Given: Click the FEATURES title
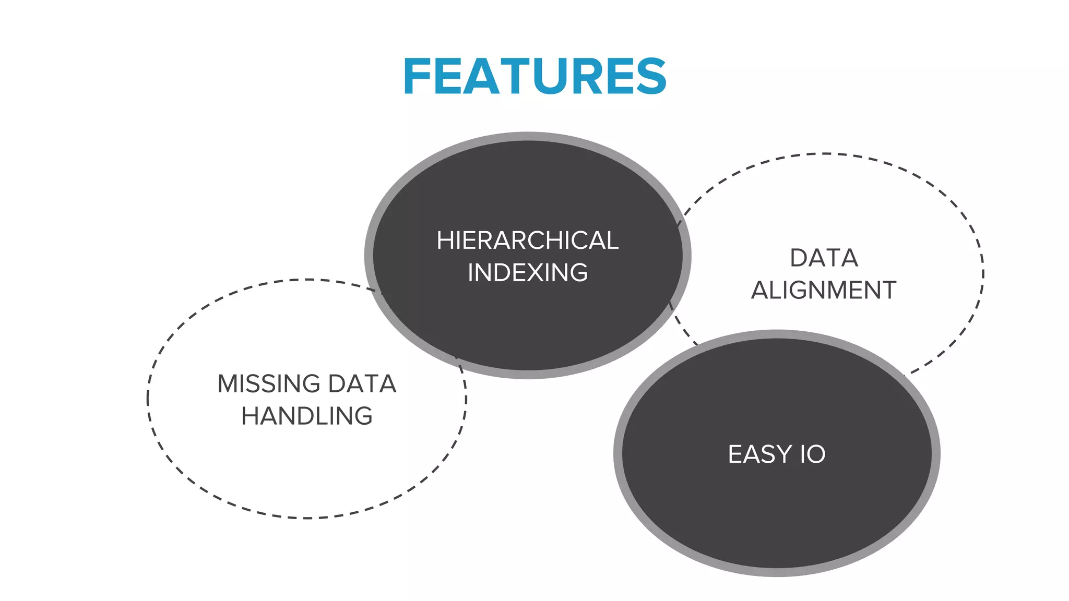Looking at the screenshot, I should [534, 77].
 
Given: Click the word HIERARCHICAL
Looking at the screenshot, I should [527, 241].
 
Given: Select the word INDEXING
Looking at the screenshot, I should [527, 273].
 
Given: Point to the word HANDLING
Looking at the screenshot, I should [307, 416].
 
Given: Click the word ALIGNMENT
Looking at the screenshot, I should [824, 290].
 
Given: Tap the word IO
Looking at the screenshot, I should [813, 454].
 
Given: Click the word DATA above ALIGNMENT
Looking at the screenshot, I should [824, 258].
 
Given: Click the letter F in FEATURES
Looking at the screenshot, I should [415, 77].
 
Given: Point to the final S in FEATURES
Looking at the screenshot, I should [651, 77].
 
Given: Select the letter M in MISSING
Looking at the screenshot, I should [229, 384].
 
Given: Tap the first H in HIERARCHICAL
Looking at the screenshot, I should [445, 241].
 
